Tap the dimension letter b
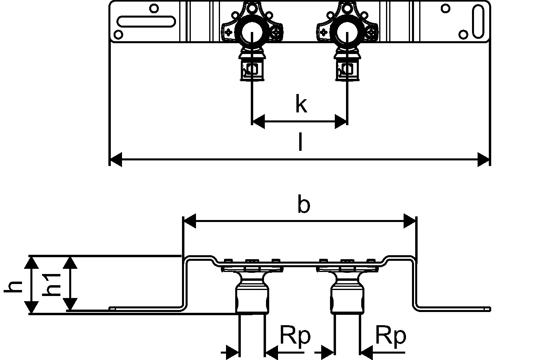304,205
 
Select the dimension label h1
52,284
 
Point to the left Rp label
295,336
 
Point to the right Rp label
391,336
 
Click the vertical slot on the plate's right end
478,21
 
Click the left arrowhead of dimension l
116,159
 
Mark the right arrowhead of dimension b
410,221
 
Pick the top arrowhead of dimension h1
71,263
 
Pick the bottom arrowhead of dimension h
32,307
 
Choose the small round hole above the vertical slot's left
445,8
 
